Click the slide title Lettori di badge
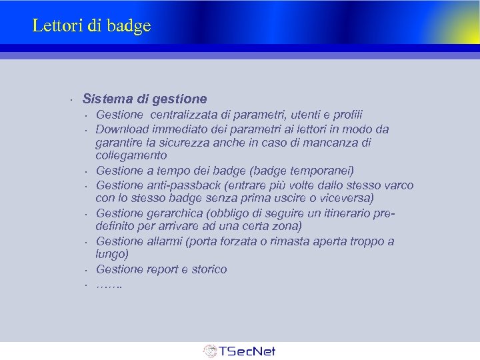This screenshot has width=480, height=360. coord(91,26)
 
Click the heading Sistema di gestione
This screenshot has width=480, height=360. coord(145,99)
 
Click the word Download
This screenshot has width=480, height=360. coord(122,129)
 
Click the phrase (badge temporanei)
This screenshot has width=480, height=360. coord(308,170)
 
